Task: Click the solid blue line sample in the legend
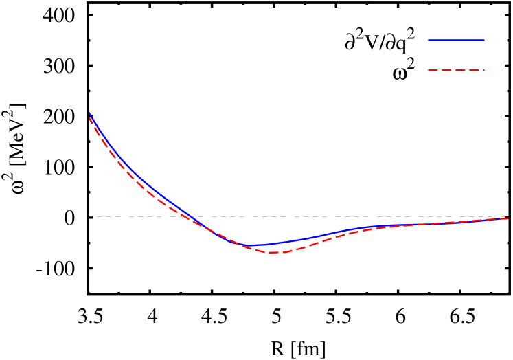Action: [x=456, y=40]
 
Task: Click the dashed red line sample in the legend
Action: [x=456, y=70]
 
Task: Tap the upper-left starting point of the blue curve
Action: [x=89, y=112]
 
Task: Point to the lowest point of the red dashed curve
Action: [x=274, y=253]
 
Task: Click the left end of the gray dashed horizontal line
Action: [x=89, y=216]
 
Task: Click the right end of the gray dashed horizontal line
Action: [x=507, y=216]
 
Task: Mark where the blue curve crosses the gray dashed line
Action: [x=190, y=216]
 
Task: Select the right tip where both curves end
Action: [x=508, y=218]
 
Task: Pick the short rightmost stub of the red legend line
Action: [x=483, y=70]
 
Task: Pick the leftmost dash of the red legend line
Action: [x=433, y=70]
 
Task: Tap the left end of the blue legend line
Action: [x=429, y=40]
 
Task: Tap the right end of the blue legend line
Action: [x=484, y=40]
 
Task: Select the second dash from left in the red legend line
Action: [x=446, y=70]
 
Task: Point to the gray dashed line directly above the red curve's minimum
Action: [x=274, y=216]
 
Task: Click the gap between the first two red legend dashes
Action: [x=440, y=70]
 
